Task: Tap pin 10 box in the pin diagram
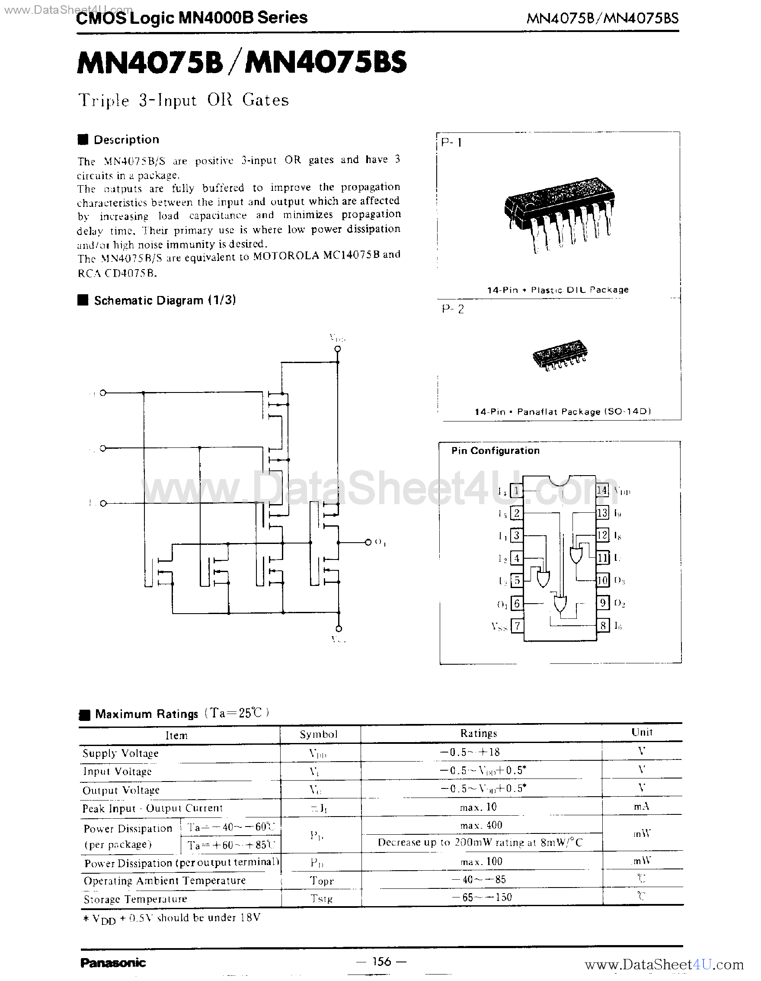602,580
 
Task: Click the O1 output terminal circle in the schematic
368,542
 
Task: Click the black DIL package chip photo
559,214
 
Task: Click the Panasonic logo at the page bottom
113,962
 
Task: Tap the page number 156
381,961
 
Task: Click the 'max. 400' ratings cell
481,825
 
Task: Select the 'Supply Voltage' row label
120,753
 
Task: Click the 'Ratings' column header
478,733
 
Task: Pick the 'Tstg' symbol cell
321,898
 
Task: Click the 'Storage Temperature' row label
135,899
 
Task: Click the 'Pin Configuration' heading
496,450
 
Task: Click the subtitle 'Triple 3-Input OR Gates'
183,100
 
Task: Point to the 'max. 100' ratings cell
481,862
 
